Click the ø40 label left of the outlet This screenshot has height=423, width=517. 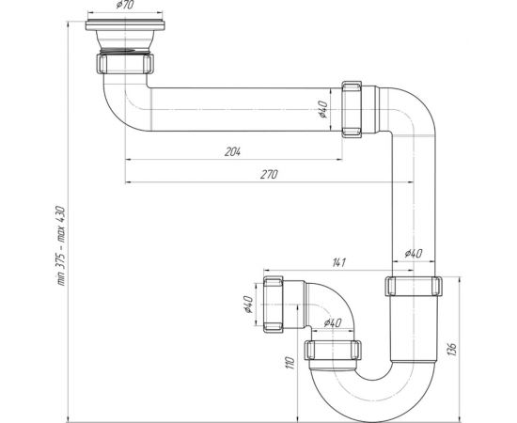(246, 305)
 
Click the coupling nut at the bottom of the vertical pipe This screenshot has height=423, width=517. (413, 287)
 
